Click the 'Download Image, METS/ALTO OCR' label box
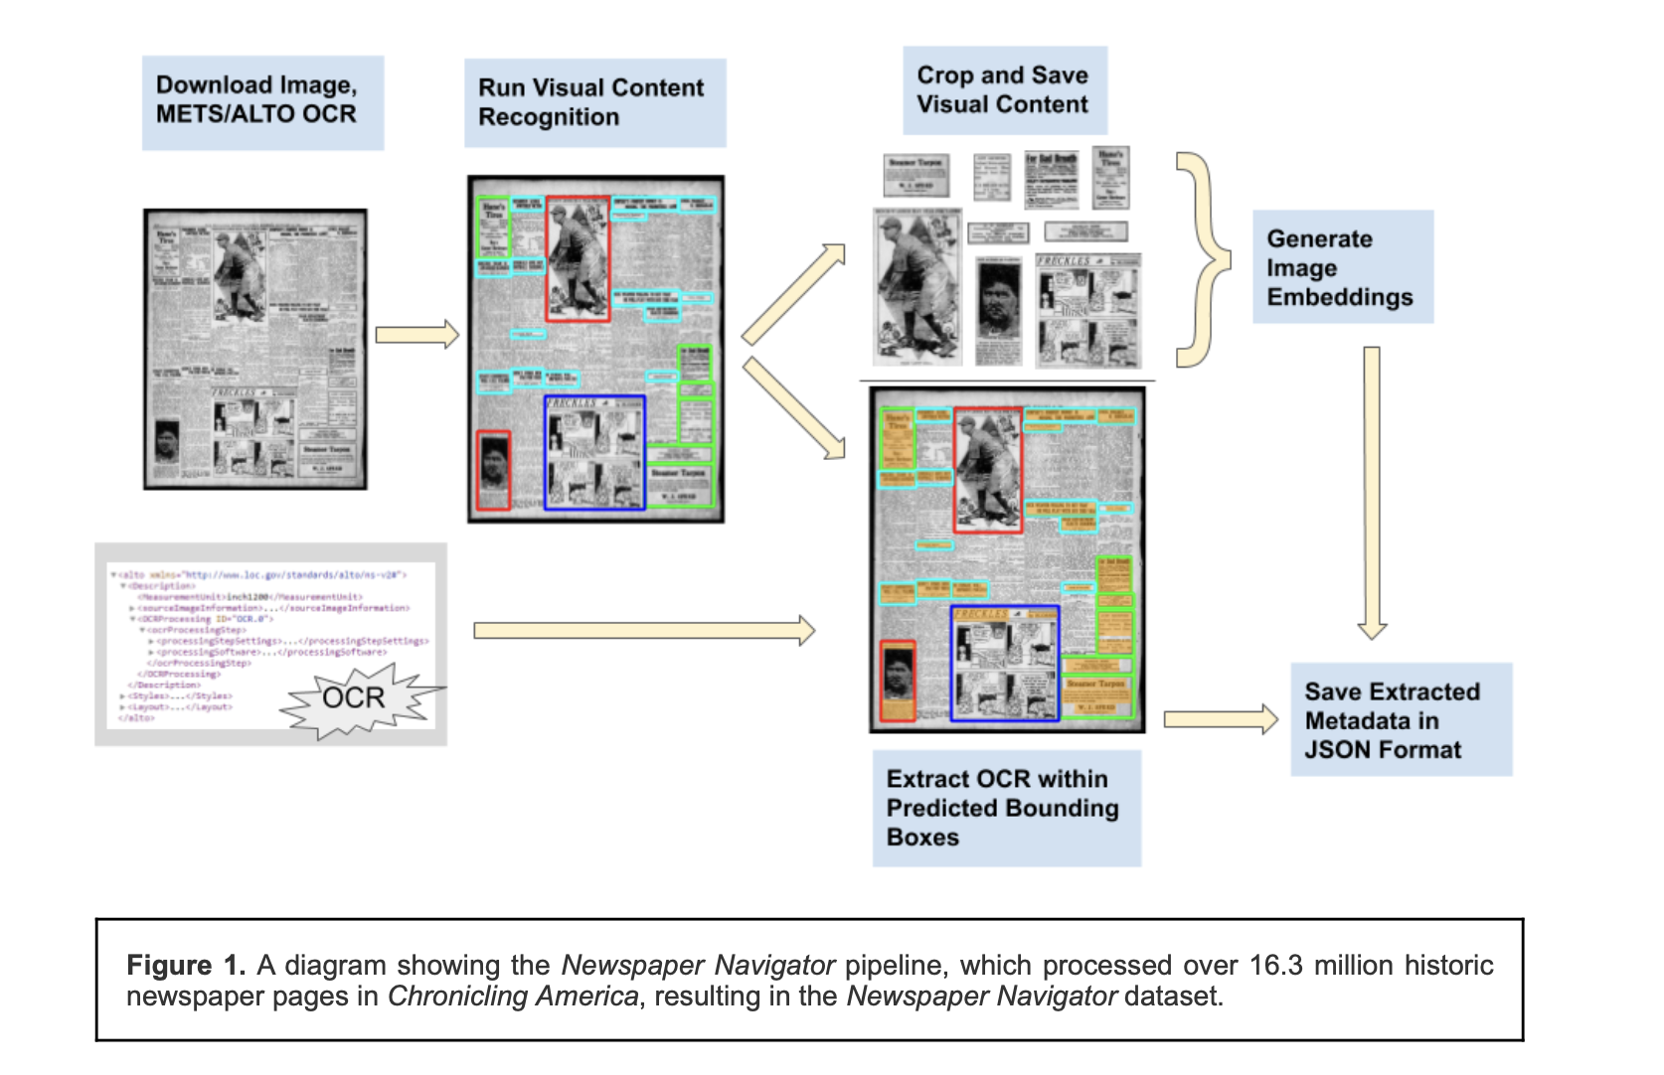(262, 102)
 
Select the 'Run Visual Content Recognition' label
(594, 102)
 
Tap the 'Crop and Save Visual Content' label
(1004, 89)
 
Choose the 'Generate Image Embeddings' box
(1342, 267)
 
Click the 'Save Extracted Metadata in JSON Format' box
(1401, 719)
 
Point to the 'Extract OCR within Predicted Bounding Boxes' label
(1006, 808)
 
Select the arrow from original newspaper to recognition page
(416, 335)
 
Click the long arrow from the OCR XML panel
(644, 630)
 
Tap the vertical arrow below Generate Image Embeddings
(1372, 492)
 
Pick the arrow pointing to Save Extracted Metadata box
(1220, 718)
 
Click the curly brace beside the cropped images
(1203, 259)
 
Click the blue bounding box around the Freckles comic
(594, 452)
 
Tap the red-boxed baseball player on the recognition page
(578, 257)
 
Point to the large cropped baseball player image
(916, 287)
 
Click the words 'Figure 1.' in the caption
(185, 965)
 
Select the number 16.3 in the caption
(1275, 965)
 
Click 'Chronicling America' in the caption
(513, 996)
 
